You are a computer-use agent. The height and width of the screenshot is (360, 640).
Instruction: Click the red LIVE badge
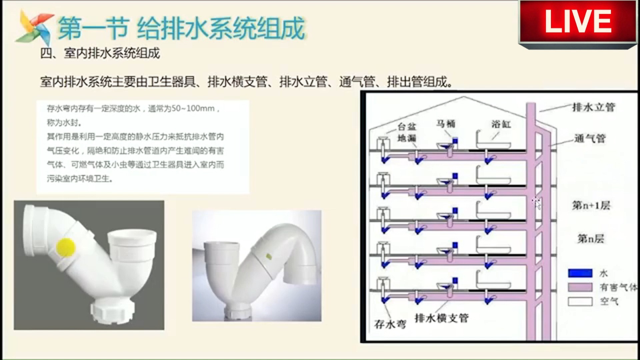click(578, 23)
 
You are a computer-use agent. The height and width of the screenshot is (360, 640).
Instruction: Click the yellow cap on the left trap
click(66, 247)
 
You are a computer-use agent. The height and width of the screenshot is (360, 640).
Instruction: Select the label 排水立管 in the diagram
click(593, 107)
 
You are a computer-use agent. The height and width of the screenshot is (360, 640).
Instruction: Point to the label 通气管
click(590, 138)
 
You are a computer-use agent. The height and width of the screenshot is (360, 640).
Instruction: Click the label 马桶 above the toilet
click(446, 124)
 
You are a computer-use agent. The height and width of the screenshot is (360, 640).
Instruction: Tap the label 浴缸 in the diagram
click(501, 124)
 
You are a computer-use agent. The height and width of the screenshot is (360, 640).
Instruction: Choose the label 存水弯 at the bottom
click(390, 324)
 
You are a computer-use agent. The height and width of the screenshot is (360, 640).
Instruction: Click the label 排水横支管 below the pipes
click(441, 318)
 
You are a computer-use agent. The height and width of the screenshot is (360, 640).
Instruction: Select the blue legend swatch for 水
click(580, 273)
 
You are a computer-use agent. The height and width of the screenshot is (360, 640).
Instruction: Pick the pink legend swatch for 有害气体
click(580, 287)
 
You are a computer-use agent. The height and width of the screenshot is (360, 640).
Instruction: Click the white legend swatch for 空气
click(580, 301)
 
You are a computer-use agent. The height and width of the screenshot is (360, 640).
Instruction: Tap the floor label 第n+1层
click(591, 205)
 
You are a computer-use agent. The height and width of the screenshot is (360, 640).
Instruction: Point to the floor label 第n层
click(590, 238)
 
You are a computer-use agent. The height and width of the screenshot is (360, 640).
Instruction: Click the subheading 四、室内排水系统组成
click(100, 53)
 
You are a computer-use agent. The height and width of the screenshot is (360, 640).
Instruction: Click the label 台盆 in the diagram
click(407, 127)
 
